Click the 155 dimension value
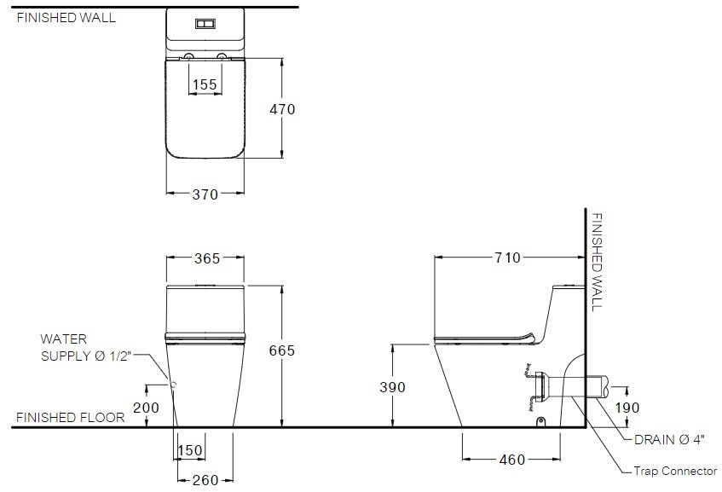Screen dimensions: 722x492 [x=205, y=84]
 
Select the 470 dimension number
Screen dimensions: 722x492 [x=282, y=109]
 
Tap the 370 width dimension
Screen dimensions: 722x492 [x=205, y=194]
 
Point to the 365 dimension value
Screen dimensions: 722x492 [x=207, y=258]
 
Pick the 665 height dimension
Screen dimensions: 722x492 [x=282, y=350]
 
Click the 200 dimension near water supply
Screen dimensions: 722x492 [x=146, y=408]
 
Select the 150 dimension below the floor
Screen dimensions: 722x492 [x=190, y=450]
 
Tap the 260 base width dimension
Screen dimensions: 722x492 [x=205, y=480]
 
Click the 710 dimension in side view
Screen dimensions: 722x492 [x=507, y=258]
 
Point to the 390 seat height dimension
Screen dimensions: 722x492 [x=392, y=387]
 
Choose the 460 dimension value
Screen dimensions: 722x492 [x=512, y=460]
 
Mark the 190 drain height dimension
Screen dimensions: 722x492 [x=627, y=408]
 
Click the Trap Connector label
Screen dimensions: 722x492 [x=675, y=472]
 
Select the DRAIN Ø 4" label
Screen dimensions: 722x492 [x=669, y=439]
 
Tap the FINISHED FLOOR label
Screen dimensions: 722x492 [x=71, y=417]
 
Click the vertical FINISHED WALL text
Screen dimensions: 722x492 [x=597, y=262]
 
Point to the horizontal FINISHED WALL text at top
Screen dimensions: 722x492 [x=66, y=18]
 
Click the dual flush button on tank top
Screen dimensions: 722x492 [x=205, y=24]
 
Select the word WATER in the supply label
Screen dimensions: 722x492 [x=64, y=339]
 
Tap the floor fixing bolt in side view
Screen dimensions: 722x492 [x=541, y=421]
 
